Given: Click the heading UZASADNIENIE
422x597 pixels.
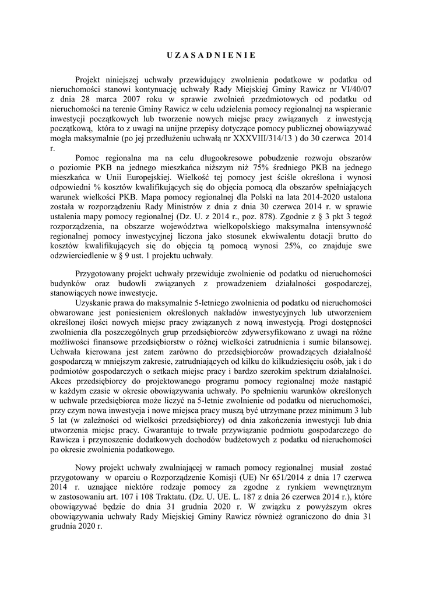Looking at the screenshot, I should [x=211, y=56].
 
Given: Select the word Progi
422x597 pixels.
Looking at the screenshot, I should [x=322, y=322].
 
